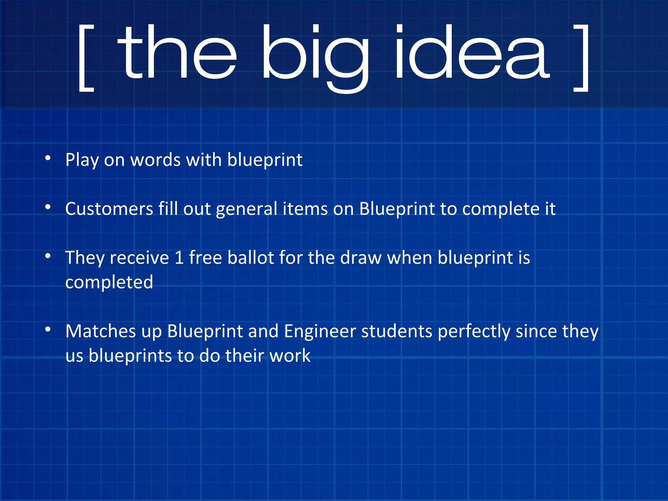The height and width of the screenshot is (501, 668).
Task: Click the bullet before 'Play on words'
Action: point(48,158)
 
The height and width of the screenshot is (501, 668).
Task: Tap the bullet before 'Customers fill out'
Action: point(48,207)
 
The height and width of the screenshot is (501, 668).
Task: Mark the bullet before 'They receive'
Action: point(48,256)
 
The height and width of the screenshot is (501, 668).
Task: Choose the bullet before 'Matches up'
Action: point(48,329)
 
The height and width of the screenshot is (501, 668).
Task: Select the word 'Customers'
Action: point(109,209)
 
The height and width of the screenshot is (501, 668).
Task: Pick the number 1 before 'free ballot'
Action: point(179,258)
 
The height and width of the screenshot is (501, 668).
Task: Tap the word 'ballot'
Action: point(250,258)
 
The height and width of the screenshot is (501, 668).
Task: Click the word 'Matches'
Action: point(100,331)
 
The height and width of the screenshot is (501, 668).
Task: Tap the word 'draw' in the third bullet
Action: point(361,258)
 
